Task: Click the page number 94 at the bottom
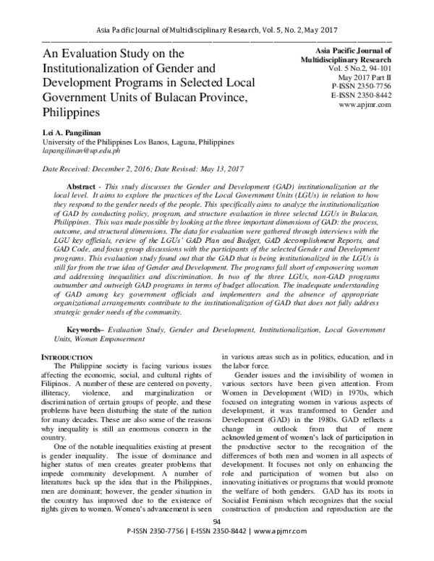[216, 542]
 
